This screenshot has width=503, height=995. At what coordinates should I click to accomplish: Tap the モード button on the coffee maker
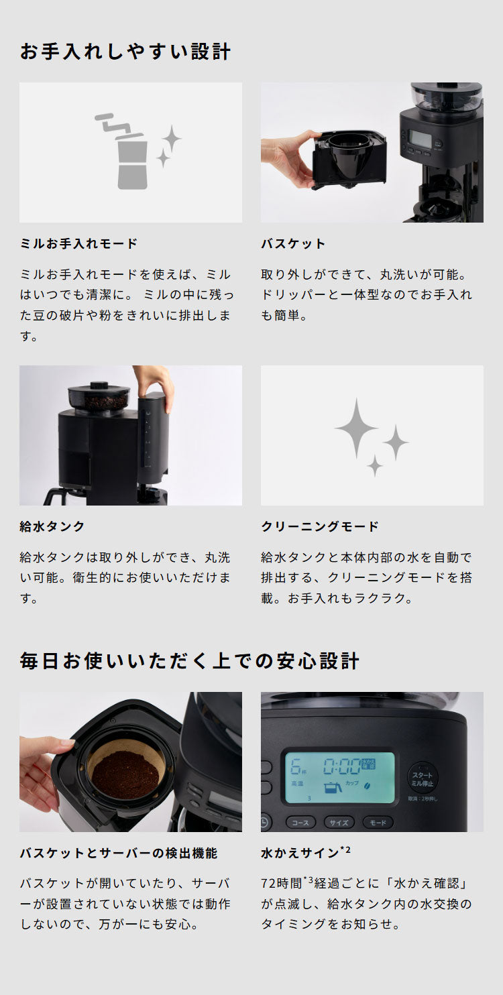point(378,822)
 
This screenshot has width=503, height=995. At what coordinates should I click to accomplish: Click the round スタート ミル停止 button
point(423,778)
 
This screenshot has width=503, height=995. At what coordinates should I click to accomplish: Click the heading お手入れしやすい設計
point(125,52)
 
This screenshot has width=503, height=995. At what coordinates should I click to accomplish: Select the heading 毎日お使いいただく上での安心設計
point(190,661)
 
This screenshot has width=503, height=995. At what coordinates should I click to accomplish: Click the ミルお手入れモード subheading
point(79,243)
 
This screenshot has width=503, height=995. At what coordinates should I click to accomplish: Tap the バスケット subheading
point(293,243)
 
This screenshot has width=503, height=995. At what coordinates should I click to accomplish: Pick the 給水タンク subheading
point(52,526)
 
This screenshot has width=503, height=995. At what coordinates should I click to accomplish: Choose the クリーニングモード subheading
point(320,526)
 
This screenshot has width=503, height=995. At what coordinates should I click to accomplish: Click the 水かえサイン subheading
point(301,854)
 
